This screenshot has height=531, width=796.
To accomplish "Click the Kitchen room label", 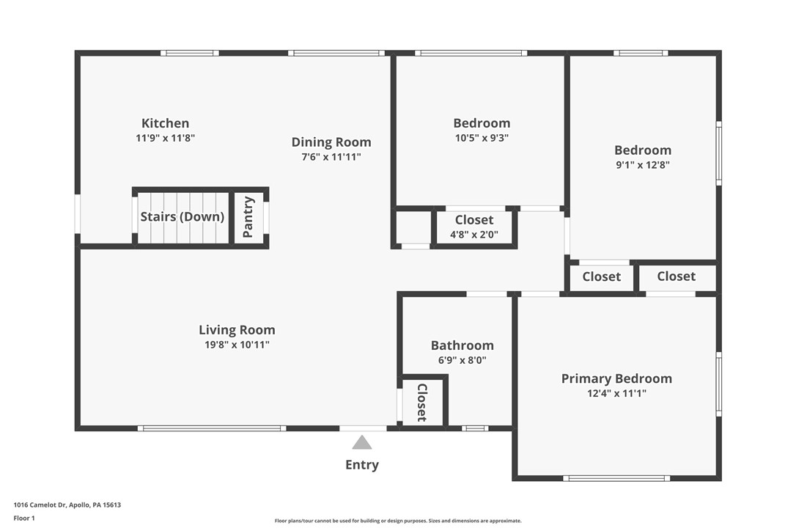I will pyautogui.click(x=165, y=123).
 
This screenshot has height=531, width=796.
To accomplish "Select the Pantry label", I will pyautogui.click(x=248, y=217).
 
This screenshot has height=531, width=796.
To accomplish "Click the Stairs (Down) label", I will pyautogui.click(x=183, y=217).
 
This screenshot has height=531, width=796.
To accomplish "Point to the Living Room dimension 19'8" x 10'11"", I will pyautogui.click(x=237, y=345).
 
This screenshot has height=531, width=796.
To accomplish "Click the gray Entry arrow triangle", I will pyautogui.click(x=362, y=442).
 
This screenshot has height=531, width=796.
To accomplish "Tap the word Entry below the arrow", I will pyautogui.click(x=362, y=465).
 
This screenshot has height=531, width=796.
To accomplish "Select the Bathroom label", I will pyautogui.click(x=462, y=345).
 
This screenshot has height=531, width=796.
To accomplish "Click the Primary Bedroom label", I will pyautogui.click(x=616, y=378).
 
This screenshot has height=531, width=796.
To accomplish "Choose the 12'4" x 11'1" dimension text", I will pyautogui.click(x=616, y=393).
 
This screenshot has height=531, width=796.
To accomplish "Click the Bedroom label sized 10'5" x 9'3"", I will pyautogui.click(x=482, y=123).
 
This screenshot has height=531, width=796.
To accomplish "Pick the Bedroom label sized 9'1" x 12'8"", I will pyautogui.click(x=642, y=150).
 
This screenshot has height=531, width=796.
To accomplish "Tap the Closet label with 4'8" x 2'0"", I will pyautogui.click(x=474, y=220).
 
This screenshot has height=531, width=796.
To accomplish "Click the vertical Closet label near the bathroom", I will pyautogui.click(x=422, y=402).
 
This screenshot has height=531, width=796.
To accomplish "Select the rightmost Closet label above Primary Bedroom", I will pyautogui.click(x=676, y=277).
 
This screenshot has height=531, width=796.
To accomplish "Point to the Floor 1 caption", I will pyautogui.click(x=24, y=518).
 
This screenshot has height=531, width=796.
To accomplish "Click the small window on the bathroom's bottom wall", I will pyautogui.click(x=475, y=428).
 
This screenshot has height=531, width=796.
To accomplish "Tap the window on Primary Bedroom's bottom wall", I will pyautogui.click(x=616, y=478).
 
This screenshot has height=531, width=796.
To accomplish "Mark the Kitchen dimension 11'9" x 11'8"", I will pyautogui.click(x=165, y=138).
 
